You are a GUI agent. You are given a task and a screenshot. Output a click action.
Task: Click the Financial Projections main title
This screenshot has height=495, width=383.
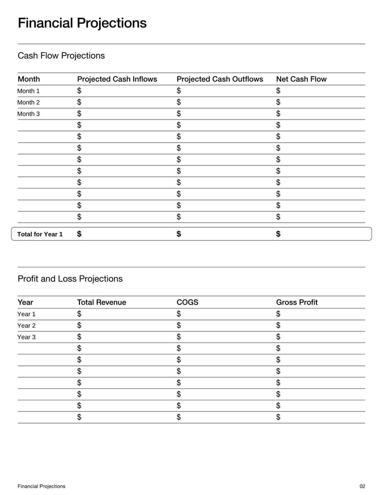(82, 23)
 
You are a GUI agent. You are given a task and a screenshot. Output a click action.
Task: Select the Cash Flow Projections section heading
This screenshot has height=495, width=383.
(61, 55)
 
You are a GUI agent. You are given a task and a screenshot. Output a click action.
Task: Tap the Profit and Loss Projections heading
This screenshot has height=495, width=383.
(70, 279)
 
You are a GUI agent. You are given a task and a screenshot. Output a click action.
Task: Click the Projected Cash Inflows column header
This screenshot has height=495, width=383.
(117, 79)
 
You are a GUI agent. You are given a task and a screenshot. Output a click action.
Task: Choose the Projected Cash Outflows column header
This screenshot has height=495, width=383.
(220, 79)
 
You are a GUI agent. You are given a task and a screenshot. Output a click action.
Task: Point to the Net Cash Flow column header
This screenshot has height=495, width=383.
(301, 79)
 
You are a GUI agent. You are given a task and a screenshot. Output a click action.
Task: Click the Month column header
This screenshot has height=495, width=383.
(29, 79)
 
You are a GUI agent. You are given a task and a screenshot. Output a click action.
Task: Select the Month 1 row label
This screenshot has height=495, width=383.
(29, 91)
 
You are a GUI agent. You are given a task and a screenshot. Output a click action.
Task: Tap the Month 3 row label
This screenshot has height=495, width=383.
(29, 114)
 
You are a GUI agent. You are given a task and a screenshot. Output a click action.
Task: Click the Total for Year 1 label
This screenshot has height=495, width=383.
(40, 234)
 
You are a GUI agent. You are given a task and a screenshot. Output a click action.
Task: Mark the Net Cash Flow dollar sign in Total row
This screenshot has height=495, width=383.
(279, 234)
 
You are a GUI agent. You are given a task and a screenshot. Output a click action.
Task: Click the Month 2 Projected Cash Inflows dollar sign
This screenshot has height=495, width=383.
(79, 102)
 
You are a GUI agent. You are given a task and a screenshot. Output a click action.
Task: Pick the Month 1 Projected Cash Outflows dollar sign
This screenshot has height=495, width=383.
(179, 91)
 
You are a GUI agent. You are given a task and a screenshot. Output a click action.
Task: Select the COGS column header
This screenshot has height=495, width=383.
(187, 302)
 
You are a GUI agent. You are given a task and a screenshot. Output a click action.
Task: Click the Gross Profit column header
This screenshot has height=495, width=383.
(297, 302)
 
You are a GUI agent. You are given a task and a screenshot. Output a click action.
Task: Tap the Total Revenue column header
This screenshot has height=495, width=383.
(101, 302)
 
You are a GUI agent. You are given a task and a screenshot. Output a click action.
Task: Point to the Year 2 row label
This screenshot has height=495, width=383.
(26, 326)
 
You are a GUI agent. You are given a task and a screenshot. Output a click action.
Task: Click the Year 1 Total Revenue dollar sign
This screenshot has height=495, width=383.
(79, 314)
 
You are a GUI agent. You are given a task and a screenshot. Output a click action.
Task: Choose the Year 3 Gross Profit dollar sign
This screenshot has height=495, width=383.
(279, 337)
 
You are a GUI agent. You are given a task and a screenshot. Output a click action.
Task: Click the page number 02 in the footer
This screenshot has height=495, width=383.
(362, 486)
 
